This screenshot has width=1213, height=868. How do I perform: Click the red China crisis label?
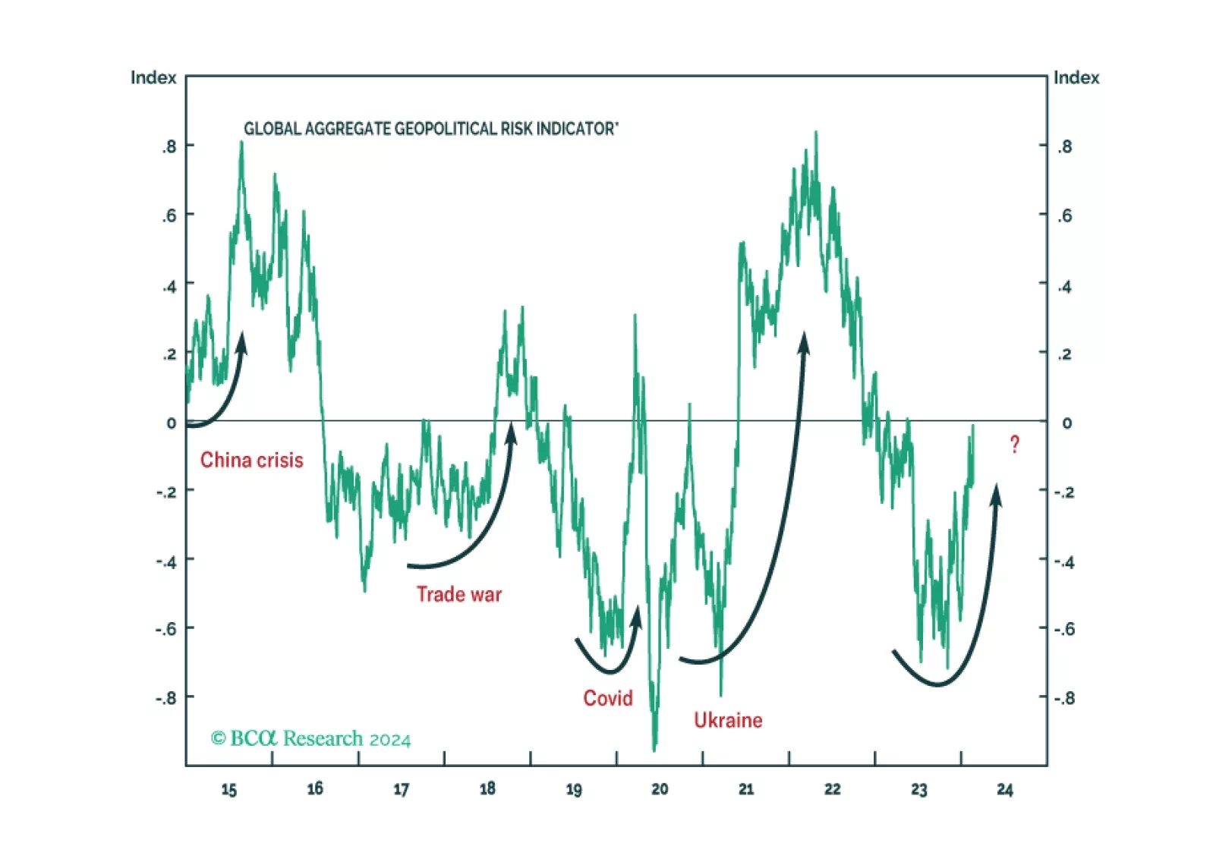[251, 460]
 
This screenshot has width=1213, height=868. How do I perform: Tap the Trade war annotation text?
[458, 594]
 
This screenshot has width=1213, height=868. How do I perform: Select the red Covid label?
[607, 698]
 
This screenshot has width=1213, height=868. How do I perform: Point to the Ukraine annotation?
[728, 720]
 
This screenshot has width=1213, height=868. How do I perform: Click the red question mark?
[1015, 445]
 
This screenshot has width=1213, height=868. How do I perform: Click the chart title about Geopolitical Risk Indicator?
[430, 129]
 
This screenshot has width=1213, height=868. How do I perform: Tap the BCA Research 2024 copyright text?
[310, 738]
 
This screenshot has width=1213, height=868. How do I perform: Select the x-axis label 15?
[228, 790]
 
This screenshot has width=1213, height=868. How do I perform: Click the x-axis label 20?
[660, 790]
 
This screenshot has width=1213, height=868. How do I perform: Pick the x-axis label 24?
[1004, 790]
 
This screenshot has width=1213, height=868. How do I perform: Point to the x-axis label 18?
[487, 790]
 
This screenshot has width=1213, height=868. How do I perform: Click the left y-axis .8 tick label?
[169, 146]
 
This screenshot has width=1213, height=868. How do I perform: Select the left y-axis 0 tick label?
[172, 423]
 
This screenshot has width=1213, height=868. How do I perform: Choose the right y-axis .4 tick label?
[1065, 286]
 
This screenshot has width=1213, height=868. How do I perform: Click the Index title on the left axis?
[153, 78]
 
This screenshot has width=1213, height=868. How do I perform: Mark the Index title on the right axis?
[1076, 78]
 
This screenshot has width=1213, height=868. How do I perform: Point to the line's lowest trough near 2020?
[654, 749]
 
